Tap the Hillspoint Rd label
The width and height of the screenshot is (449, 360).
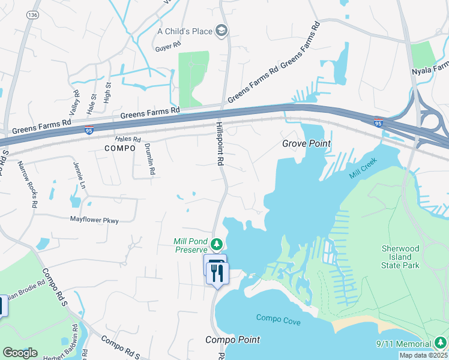tap(220, 144)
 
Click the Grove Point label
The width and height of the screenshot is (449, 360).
tap(307, 144)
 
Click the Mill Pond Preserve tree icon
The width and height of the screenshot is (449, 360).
tap(216, 244)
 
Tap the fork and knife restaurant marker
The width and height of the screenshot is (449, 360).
tap(217, 274)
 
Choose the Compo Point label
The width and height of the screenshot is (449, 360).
tap(233, 340)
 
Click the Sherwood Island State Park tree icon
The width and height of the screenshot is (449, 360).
tap(388, 247)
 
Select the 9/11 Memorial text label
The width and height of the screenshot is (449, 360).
tap(403, 344)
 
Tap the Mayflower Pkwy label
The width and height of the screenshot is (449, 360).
tap(94, 220)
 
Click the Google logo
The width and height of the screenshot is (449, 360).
tap(20, 353)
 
